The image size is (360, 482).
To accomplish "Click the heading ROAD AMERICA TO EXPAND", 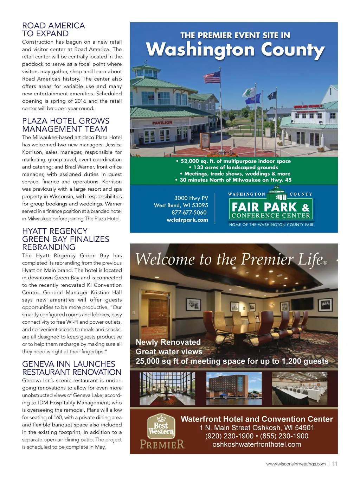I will (53, 30).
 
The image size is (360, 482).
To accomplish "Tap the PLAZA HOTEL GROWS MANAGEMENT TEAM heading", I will (66, 125).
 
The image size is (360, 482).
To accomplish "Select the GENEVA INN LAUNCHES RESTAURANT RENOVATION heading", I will (72, 368).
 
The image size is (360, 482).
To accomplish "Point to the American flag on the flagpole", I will (212, 76).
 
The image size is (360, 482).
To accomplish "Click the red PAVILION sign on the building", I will (162, 122).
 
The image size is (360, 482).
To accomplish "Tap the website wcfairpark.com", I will (187, 220).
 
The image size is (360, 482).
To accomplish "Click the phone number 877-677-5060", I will (189, 213).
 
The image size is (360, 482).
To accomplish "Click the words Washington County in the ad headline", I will (235, 50).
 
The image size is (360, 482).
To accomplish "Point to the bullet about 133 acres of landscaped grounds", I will (233, 167).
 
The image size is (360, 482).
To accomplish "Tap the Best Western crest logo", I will (161, 426).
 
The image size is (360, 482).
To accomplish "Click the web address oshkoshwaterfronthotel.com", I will (257, 444).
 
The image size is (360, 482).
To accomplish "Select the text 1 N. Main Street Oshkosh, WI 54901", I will (257, 428).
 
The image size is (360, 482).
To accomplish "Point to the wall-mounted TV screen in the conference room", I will (303, 303).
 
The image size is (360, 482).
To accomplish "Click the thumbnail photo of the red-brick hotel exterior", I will (234, 388).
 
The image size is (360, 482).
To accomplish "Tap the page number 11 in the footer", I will (335, 464).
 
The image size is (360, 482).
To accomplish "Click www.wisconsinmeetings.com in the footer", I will (296, 464).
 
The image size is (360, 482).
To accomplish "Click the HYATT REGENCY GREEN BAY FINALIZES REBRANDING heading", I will (66, 239).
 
